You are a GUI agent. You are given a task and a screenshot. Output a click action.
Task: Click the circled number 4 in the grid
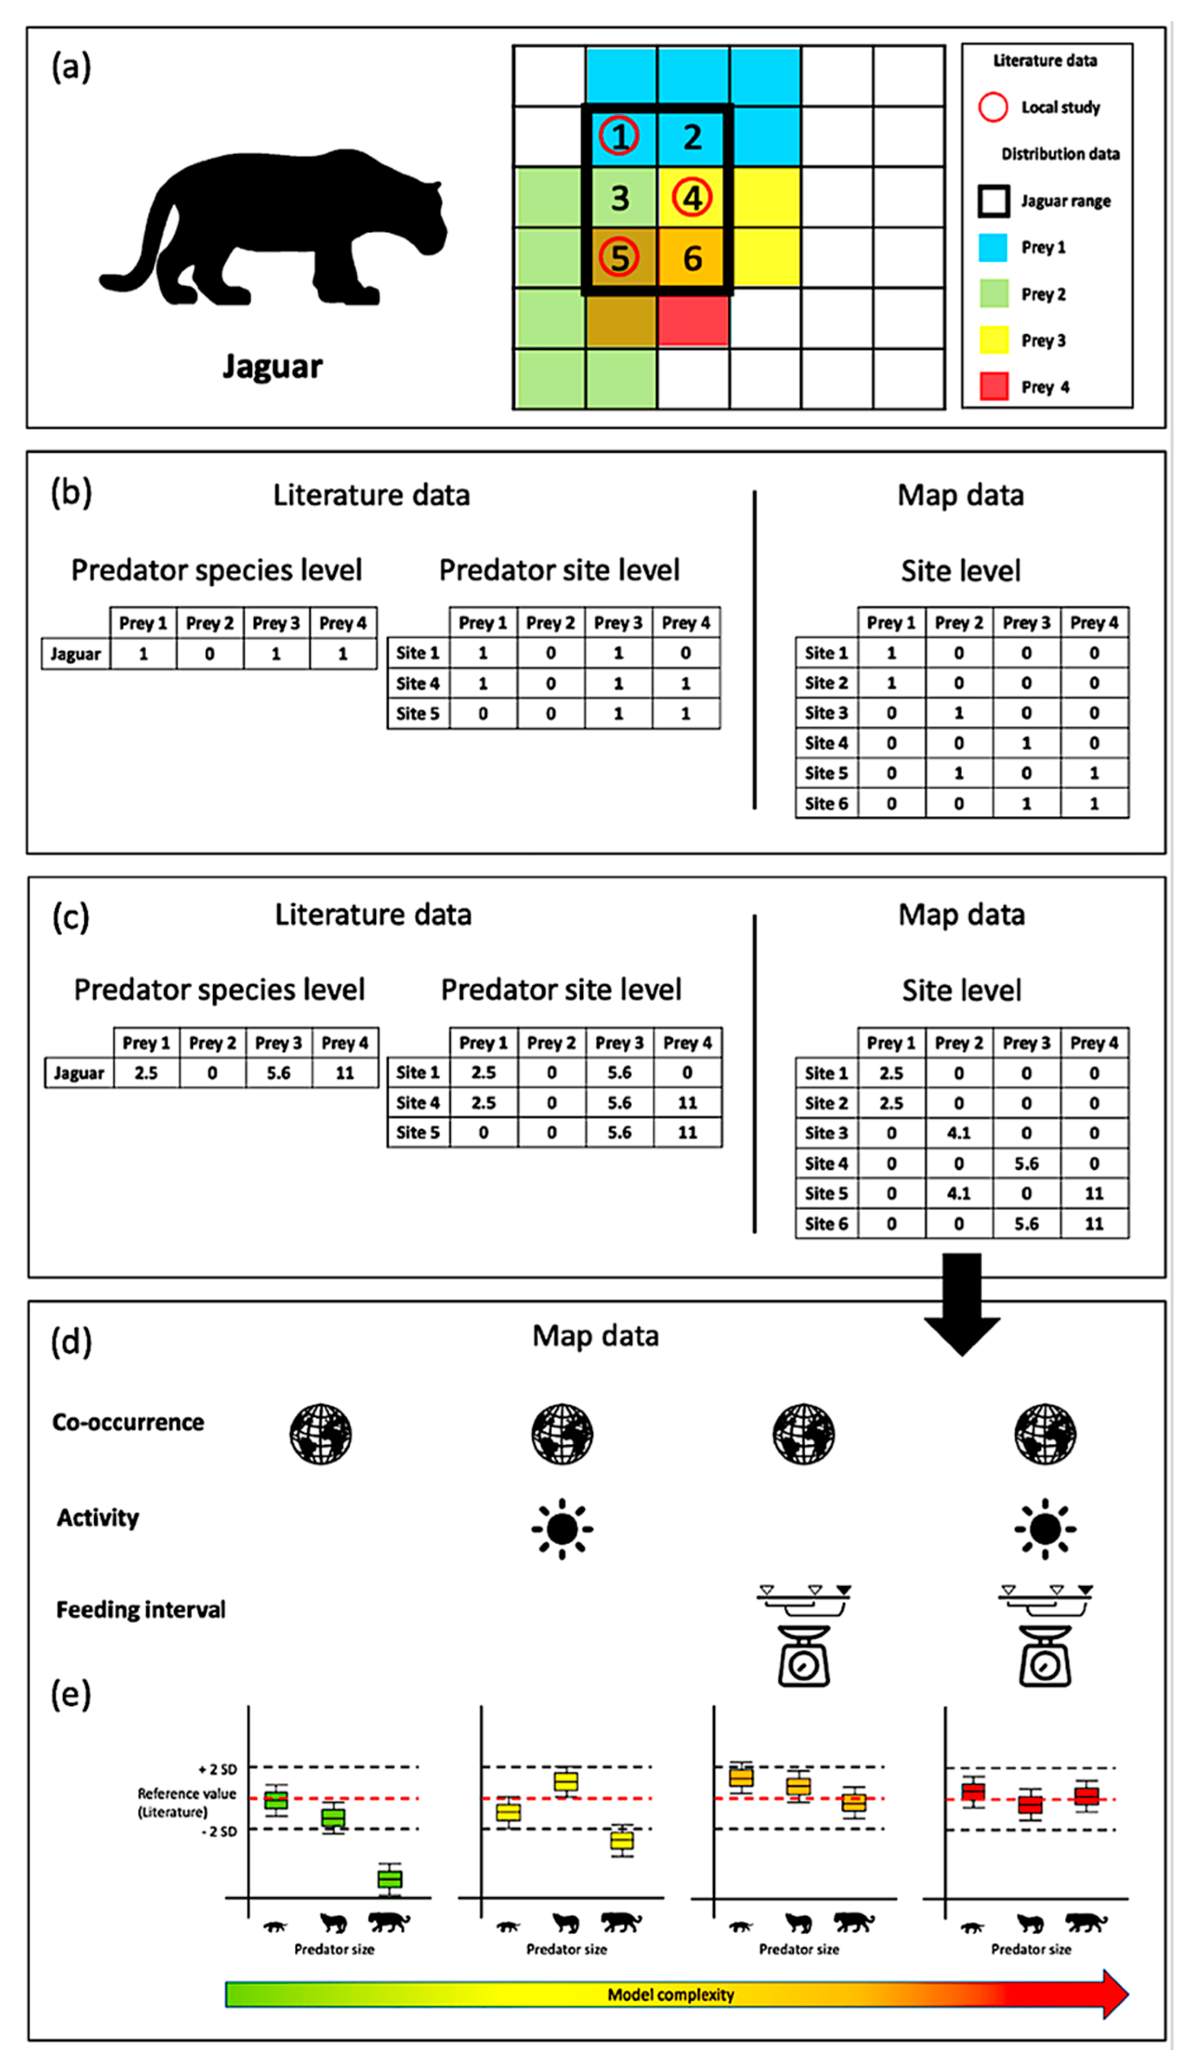point(692,197)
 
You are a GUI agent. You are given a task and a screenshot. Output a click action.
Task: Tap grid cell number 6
point(692,259)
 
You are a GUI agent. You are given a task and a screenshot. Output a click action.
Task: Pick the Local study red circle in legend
point(993,107)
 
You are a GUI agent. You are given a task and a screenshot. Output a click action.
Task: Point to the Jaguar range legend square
point(993,201)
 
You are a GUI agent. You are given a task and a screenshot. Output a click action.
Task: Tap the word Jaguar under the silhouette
point(273,367)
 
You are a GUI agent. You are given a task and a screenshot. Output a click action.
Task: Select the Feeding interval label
point(140,1610)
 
